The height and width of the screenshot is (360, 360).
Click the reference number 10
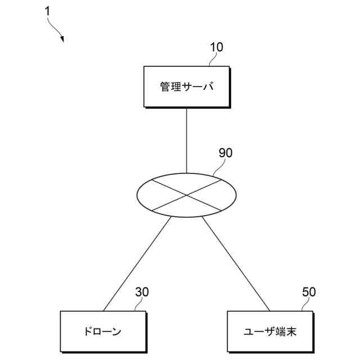click(216, 47)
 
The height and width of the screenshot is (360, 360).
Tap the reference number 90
click(225, 152)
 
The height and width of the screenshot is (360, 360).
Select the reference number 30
click(142, 292)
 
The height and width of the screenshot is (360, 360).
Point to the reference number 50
click(309, 292)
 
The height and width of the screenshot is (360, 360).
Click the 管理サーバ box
click(186, 87)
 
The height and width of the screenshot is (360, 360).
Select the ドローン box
click(103, 331)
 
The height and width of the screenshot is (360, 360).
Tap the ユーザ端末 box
click(269, 331)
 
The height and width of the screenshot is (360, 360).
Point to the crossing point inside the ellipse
click(187, 195)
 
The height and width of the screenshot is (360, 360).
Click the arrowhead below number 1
click(62, 39)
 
